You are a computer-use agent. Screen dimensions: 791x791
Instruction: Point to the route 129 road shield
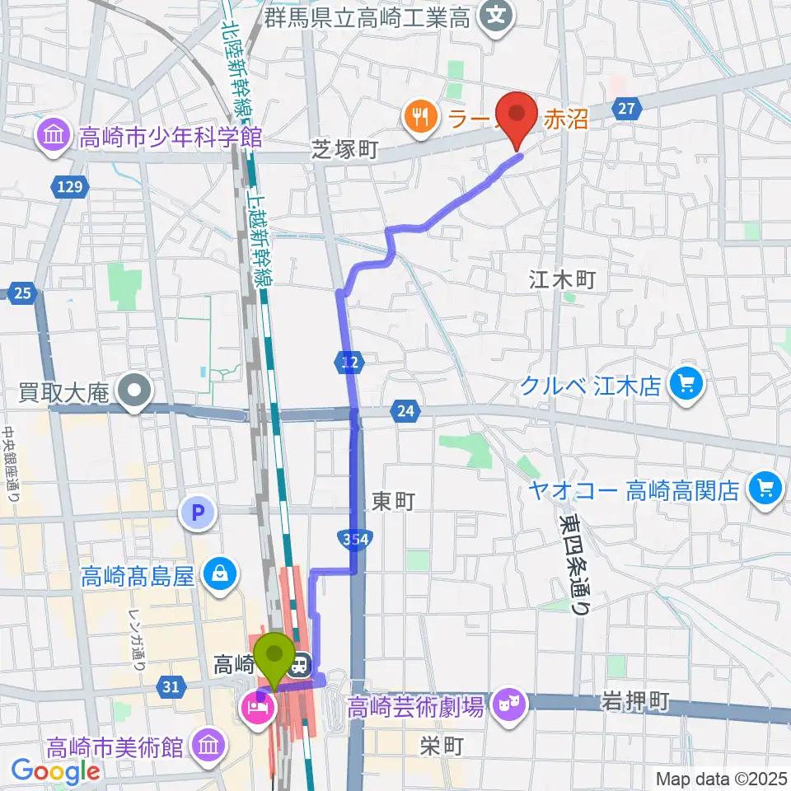71,188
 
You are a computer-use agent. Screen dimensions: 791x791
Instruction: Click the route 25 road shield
21,292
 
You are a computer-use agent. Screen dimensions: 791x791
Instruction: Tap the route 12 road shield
347,360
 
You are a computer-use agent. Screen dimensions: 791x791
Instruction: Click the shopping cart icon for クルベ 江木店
684,383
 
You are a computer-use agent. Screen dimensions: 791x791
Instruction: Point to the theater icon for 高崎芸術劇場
510,706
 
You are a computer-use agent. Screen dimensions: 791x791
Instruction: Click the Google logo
56,772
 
